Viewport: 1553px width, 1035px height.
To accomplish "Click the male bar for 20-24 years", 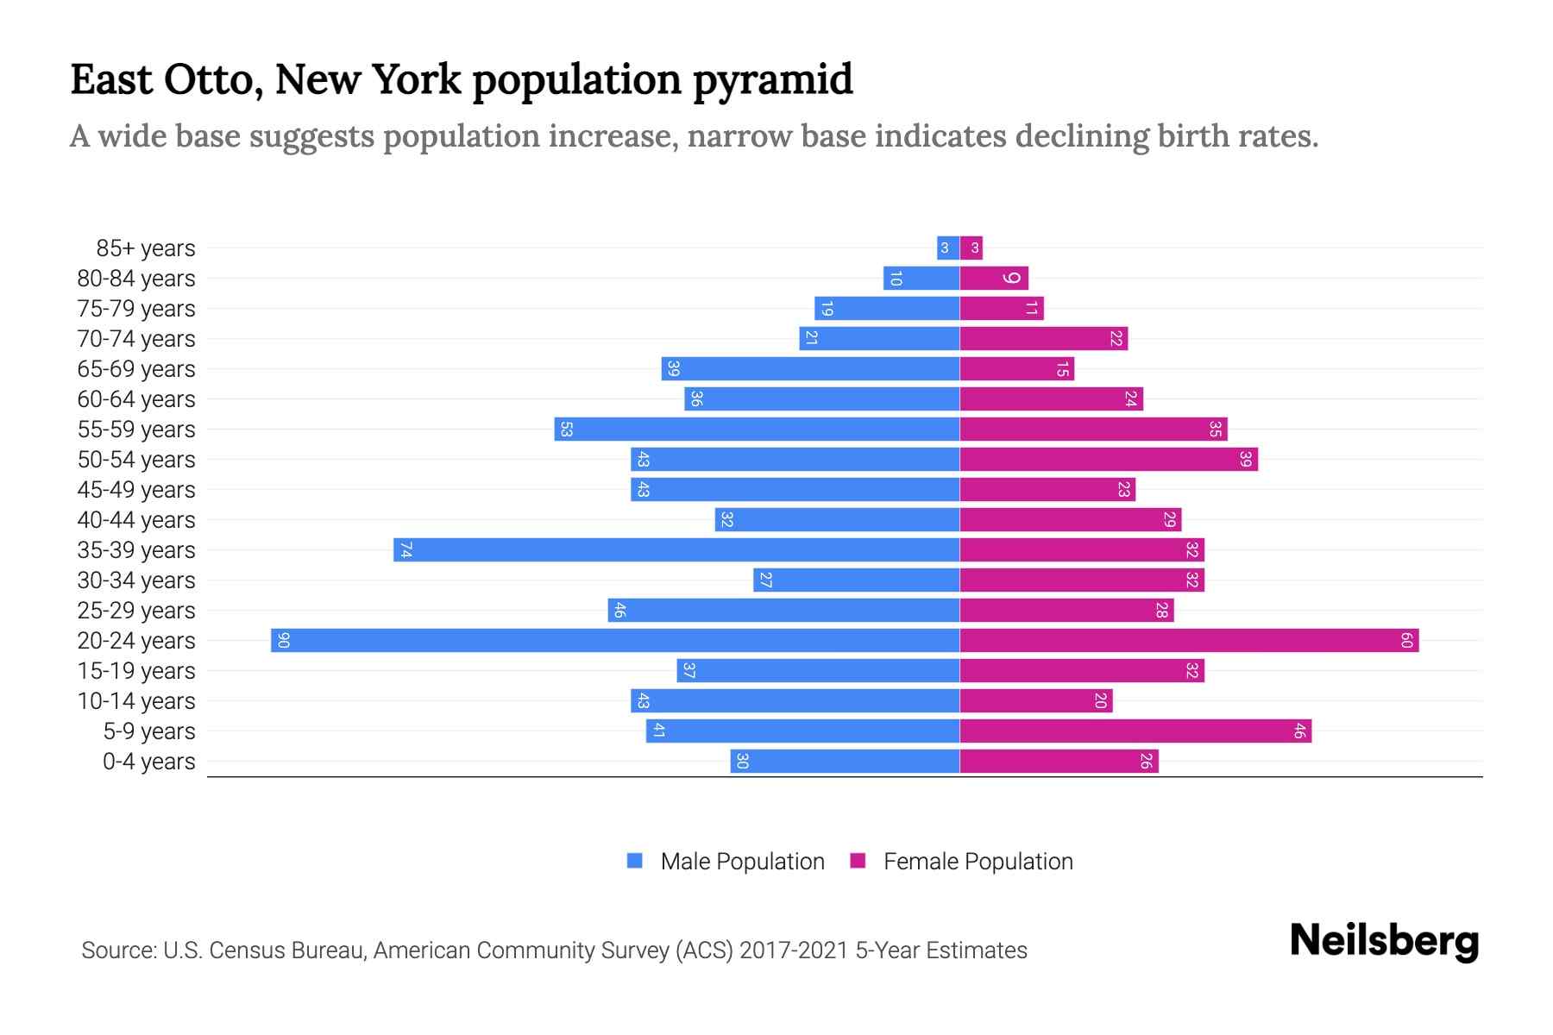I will [614, 641].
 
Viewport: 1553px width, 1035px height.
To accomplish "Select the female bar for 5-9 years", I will [1135, 731].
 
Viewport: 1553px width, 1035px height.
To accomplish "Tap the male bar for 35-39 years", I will [676, 550].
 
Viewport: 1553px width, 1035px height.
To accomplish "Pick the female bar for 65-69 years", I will [1016, 369].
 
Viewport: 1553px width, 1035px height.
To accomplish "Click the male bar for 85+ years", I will [948, 248].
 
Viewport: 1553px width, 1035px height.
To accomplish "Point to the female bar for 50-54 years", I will [1108, 460].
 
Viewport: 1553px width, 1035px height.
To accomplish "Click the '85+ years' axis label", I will [146, 248].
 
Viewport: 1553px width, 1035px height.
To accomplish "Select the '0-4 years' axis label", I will [148, 762].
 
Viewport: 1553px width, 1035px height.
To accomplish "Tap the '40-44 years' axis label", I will [136, 520].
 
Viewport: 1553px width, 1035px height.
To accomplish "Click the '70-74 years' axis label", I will [136, 339].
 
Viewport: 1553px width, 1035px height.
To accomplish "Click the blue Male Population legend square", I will [635, 861].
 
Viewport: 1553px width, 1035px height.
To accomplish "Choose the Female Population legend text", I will [978, 862].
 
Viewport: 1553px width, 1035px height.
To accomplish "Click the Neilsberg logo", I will [1384, 941].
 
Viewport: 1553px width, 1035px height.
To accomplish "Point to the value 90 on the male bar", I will [283, 641].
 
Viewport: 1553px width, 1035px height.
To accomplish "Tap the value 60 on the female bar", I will [1406, 641].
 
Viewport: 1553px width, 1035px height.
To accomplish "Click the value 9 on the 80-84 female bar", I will [1012, 279].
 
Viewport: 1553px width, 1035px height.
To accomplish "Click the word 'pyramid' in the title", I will [772, 80].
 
